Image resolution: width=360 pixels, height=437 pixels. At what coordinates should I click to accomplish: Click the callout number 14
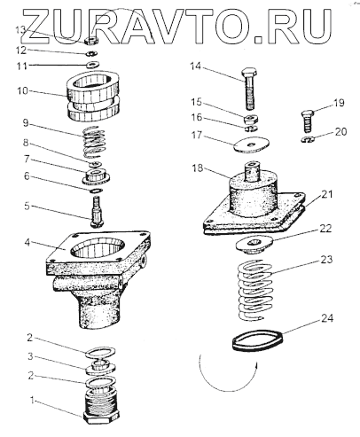coord(195,66)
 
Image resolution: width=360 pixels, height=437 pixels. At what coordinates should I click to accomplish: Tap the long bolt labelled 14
coord(250,88)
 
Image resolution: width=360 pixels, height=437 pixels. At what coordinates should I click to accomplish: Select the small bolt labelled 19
coord(307,121)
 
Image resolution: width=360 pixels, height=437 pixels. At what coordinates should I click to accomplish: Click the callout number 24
coord(327,318)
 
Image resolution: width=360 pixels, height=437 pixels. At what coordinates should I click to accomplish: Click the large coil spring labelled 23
coord(254,290)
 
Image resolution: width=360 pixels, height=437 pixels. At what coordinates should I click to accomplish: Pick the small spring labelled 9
coord(93,142)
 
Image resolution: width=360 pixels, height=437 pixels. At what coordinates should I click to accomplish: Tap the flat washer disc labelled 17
coord(251,144)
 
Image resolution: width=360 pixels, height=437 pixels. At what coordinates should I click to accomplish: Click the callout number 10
coord(22,90)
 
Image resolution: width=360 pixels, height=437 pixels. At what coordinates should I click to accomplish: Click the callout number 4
coord(27,242)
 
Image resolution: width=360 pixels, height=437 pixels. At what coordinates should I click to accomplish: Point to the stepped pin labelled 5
coord(97,212)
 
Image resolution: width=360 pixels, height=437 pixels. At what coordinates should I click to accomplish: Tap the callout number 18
coord(198,168)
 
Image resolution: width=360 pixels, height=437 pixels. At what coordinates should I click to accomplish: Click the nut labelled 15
coord(251,119)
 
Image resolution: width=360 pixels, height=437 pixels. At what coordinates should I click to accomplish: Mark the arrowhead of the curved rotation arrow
coord(256,365)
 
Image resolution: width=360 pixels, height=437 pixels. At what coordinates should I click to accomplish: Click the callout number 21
coord(327,194)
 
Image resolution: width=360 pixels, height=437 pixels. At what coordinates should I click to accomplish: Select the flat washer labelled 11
coord(92,64)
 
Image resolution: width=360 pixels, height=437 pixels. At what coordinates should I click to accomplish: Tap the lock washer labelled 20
coord(308,139)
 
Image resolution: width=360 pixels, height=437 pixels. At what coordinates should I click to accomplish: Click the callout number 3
coord(30,356)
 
